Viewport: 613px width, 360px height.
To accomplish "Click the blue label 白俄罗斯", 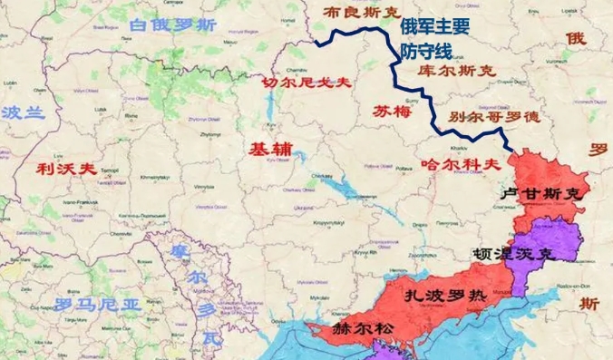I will click(173, 25).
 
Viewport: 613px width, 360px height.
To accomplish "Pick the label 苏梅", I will click(392, 111).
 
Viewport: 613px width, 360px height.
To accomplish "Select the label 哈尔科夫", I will click(462, 164).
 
